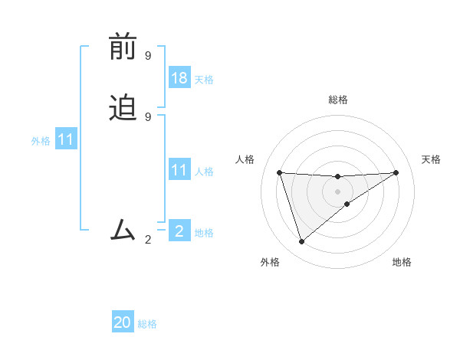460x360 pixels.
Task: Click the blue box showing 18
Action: pyautogui.click(x=179, y=78)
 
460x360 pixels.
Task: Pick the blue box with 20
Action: pyautogui.click(x=123, y=322)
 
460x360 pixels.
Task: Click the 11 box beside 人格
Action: pyautogui.click(x=179, y=170)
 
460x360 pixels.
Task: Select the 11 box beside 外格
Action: pyautogui.click(x=66, y=140)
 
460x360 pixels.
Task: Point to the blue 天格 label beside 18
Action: pyautogui.click(x=204, y=80)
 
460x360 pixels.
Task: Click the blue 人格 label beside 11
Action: pyautogui.click(x=204, y=172)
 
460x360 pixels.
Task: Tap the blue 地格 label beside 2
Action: pyautogui.click(x=204, y=233)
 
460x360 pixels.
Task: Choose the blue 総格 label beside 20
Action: pyautogui.click(x=147, y=324)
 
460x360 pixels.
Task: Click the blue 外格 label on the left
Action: pyautogui.click(x=40, y=141)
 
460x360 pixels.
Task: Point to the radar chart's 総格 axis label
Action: pyautogui.click(x=338, y=100)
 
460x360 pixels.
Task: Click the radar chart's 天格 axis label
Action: pyautogui.click(x=432, y=159)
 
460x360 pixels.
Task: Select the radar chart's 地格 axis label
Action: pyautogui.click(x=402, y=262)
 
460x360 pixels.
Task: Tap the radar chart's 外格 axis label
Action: pyautogui.click(x=270, y=262)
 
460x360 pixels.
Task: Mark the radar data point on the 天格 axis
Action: pyautogui.click(x=396, y=172)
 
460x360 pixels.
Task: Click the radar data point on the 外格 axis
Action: pyautogui.click(x=301, y=242)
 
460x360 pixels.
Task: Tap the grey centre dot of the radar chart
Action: pyautogui.click(x=337, y=191)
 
